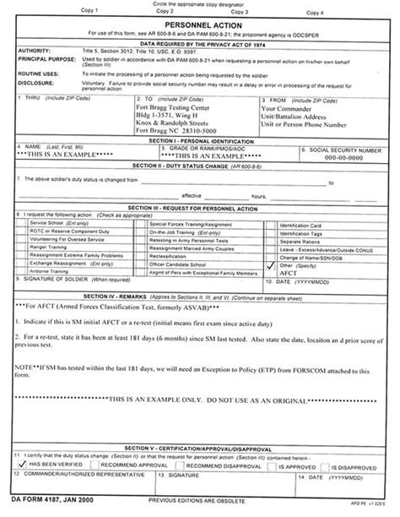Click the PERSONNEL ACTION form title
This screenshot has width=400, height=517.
(199, 26)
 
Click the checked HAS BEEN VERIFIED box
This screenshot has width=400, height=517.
(22, 464)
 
